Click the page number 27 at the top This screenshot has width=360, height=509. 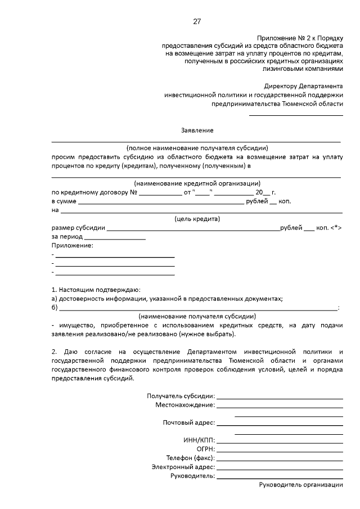coord(197,22)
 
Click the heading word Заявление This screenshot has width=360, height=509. coord(197,130)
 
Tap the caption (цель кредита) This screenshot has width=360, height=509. coord(197,219)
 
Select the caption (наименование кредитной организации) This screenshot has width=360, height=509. coord(197,183)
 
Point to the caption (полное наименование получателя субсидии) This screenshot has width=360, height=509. coord(197,147)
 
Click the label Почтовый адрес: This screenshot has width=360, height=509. coord(188,423)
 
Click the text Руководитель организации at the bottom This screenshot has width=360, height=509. coord(300,485)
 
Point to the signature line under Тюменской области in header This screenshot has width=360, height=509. coord(296,115)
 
